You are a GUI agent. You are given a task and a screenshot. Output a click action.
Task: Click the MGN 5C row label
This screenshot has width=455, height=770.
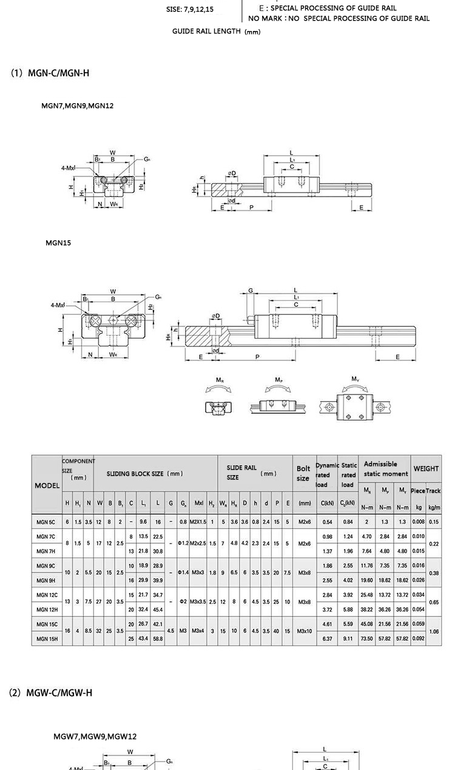45,522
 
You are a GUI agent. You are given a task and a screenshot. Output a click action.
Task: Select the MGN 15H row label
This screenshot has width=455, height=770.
46,638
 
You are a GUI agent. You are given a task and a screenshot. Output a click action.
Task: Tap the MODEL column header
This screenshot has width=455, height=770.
47,485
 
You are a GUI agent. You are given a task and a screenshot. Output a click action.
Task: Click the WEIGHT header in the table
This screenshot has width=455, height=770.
426,468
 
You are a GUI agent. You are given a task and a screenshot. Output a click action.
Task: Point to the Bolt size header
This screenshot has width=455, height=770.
303,473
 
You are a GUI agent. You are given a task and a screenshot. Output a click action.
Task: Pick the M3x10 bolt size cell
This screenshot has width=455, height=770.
304,631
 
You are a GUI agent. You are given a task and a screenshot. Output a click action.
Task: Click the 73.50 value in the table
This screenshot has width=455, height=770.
367,638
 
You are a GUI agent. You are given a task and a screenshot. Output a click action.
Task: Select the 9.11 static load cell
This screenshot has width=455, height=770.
348,638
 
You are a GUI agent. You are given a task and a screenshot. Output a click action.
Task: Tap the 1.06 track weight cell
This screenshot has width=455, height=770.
434,631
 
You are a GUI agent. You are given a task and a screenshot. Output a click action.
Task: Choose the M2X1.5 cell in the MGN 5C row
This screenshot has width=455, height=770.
198,522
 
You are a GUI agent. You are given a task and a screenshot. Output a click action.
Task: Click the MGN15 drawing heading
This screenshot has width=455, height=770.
58,243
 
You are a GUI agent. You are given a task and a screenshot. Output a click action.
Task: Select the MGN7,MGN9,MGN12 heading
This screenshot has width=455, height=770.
77,106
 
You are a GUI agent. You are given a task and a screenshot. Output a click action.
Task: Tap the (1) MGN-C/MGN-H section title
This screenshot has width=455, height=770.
50,73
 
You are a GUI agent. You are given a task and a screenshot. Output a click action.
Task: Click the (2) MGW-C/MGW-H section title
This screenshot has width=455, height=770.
51,692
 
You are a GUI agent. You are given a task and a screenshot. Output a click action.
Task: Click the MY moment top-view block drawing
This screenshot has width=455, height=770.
355,406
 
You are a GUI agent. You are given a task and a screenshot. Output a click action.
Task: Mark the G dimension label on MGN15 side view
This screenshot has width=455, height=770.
251,291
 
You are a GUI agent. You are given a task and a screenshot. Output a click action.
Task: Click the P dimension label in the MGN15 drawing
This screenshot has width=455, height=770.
257,357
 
